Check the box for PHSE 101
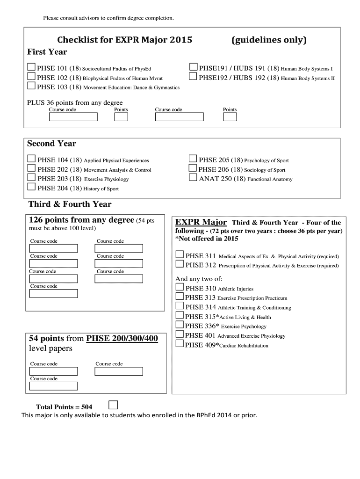(31, 67)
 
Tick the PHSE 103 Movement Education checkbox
(31, 86)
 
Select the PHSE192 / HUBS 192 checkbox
(193, 77)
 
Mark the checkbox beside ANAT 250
(193, 178)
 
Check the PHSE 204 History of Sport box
(31, 188)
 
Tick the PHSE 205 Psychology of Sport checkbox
(193, 159)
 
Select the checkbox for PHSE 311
(180, 255)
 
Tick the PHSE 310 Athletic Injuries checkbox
(180, 288)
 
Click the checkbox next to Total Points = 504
(113, 405)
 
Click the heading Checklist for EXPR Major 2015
(125, 40)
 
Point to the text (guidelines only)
(269, 40)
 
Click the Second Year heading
(51, 144)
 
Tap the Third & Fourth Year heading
(70, 204)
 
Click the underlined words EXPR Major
(201, 222)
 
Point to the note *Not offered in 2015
(207, 239)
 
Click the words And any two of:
(199, 279)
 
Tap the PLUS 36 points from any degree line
(75, 103)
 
